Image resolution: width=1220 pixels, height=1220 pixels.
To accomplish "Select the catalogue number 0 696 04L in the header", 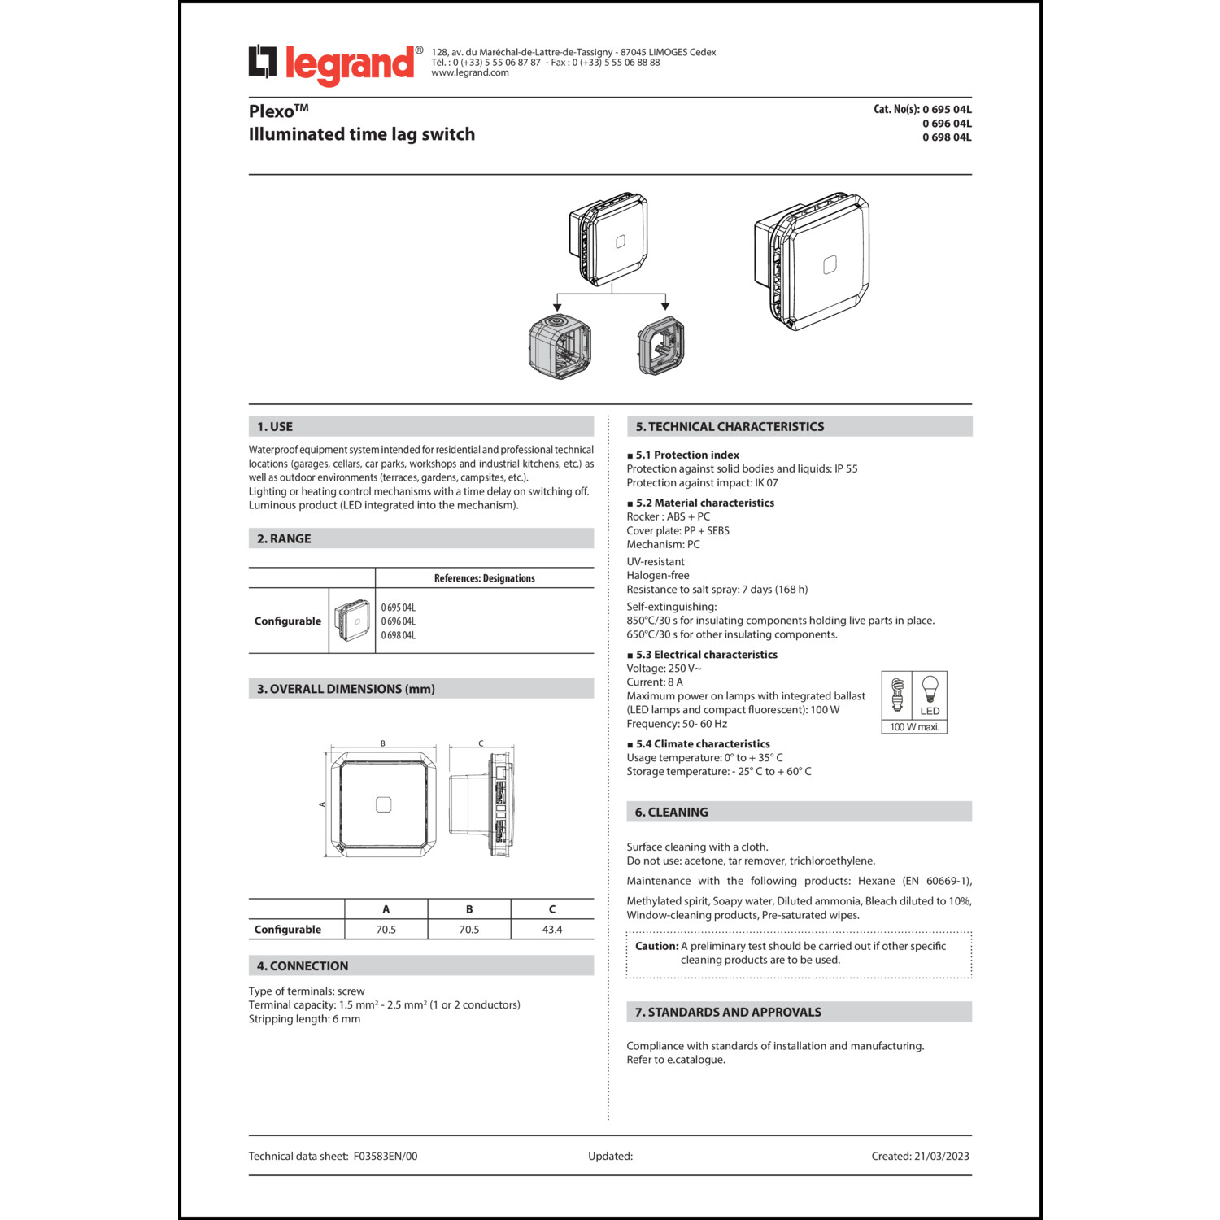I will (947, 124).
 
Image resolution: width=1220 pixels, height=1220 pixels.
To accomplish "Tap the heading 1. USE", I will (275, 427).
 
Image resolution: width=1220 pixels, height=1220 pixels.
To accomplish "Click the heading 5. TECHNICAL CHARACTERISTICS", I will (730, 427).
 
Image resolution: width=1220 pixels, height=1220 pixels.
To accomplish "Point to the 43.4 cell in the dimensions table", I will (552, 930).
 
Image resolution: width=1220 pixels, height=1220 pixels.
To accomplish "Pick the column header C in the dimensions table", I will (552, 909).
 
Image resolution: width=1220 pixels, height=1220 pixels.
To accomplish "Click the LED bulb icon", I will (930, 690).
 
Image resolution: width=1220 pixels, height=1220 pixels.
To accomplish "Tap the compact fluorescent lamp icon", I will (897, 694).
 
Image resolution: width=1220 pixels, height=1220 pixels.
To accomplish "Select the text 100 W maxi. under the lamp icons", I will (914, 727).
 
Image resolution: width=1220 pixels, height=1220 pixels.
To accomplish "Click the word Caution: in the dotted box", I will (656, 946).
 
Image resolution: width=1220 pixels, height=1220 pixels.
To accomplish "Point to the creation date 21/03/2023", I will (941, 1157).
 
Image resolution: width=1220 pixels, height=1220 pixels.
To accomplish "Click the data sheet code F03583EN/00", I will (386, 1157).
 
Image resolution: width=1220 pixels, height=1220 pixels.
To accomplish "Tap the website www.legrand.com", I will (470, 73).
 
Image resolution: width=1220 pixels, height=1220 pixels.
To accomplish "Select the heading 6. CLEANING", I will (671, 813).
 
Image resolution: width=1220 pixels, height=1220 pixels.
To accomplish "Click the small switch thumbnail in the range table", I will (352, 621).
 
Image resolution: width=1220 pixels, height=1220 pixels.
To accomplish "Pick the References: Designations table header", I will (484, 578).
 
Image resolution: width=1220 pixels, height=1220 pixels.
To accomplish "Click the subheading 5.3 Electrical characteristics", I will (706, 655).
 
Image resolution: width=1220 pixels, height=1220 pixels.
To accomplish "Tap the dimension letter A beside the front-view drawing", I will (323, 804).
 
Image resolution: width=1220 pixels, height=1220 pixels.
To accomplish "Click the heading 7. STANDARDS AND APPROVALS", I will (728, 1013).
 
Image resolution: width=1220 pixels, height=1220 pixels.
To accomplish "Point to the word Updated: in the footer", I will (610, 1157).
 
